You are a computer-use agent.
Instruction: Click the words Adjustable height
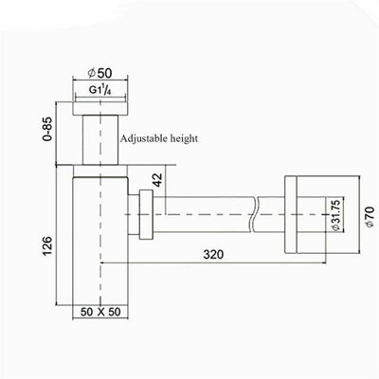pos(158,137)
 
